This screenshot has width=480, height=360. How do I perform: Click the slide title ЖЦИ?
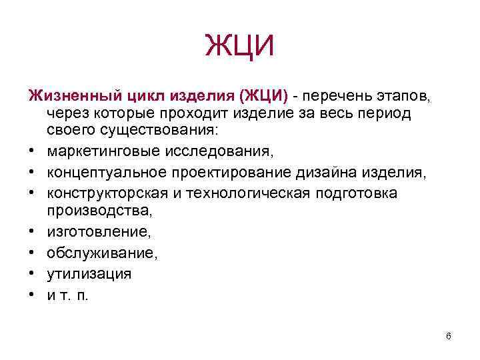[240, 47]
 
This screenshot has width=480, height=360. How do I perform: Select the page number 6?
[449, 336]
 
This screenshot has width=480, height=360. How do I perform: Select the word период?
[384, 113]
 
